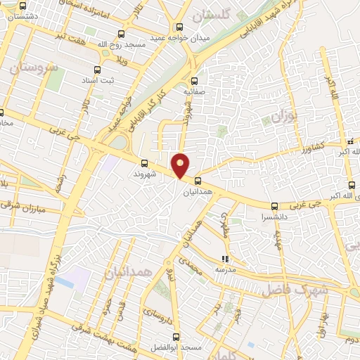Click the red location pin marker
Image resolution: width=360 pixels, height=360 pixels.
coord(181,165)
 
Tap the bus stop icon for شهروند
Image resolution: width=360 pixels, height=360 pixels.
coord(145,161)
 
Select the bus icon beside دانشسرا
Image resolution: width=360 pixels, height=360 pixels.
coord(274,207)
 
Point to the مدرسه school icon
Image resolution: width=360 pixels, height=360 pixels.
coord(224,259)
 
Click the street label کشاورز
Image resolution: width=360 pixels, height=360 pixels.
coord(309,147)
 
